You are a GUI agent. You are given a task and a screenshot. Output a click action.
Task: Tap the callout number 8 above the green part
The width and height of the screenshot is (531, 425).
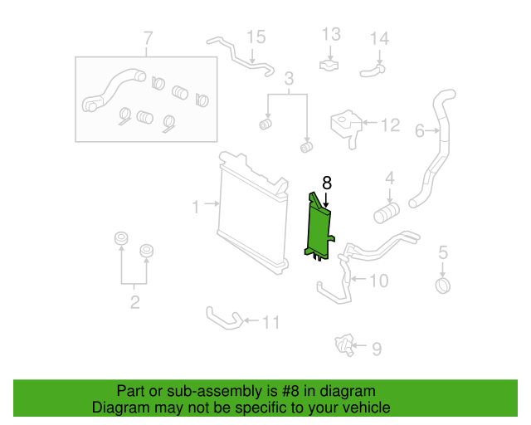pos(327,183)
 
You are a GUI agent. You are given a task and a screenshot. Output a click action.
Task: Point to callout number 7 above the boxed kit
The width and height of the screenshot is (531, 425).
pos(148,38)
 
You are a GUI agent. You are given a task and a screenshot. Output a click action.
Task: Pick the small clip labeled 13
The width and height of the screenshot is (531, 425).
pos(331,63)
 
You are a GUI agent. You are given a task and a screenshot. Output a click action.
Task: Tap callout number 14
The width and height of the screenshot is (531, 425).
pos(379,38)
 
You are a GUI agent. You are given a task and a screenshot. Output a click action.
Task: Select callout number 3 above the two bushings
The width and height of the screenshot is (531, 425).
pos(289,80)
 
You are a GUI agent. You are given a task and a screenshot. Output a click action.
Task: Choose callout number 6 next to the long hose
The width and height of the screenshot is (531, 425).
pos(420,130)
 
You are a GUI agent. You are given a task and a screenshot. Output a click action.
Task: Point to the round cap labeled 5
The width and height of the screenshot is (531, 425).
pos(443,286)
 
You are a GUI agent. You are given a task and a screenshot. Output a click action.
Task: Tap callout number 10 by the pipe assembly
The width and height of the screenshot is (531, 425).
pos(378,281)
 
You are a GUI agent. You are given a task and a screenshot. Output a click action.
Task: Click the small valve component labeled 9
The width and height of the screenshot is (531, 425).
pos(343,344)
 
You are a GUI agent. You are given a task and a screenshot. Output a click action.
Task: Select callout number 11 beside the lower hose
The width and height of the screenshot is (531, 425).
pos(271,322)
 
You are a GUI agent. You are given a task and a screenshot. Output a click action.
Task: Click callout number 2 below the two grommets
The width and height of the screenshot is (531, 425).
pos(134,302)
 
